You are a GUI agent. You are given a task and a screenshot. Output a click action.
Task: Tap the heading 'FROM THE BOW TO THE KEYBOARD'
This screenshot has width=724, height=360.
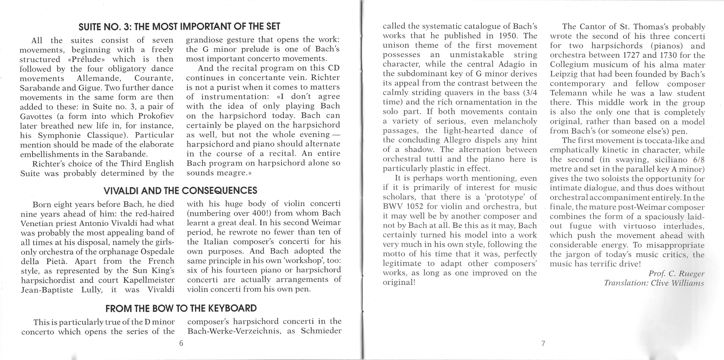point(181,308)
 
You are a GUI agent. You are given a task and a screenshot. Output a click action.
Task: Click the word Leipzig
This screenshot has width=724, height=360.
point(563,74)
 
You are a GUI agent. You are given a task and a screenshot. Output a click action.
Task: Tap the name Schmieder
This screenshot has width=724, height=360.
point(321,331)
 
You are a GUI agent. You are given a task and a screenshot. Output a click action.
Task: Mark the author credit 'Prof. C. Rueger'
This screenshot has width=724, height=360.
point(676,273)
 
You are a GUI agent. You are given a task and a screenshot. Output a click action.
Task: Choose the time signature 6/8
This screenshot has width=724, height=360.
point(699,160)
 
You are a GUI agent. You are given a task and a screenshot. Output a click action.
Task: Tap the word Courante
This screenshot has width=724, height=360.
point(153,78)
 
